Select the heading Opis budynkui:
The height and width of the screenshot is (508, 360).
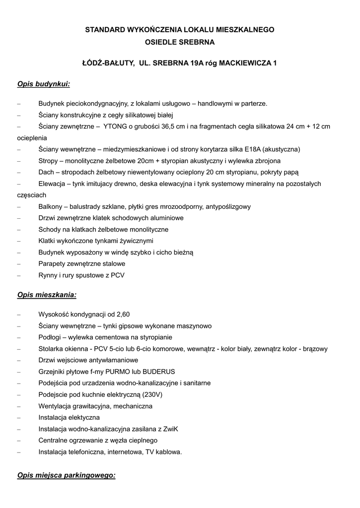[x=44, y=84]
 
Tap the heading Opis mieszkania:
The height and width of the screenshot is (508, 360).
[x=47, y=295]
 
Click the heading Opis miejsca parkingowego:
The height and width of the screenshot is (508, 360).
[x=66, y=475]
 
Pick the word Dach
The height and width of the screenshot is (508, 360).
[x=46, y=172]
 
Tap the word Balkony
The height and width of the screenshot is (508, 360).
[x=51, y=206]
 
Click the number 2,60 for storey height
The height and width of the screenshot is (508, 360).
[x=123, y=315]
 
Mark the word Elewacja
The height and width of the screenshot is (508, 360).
[x=52, y=184]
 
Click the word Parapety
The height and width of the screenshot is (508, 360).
[x=52, y=263]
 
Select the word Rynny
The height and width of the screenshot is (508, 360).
[x=49, y=275]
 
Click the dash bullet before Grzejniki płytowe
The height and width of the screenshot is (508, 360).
[x=19, y=372]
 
